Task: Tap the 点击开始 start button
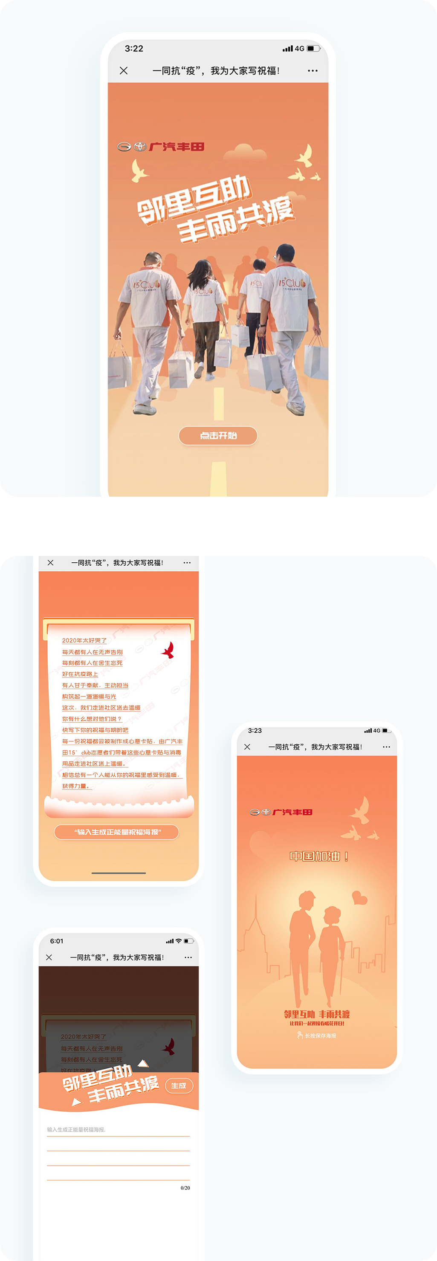coord(218,435)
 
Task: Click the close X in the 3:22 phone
coord(124,70)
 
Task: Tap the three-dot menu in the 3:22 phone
coord(312,70)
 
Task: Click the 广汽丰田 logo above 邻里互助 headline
coord(160,146)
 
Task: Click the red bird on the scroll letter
coord(168,650)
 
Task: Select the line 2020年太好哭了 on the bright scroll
coord(84,640)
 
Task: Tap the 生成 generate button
coord(179,1086)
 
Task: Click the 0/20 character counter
coord(185,1188)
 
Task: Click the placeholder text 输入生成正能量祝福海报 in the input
coord(76,1129)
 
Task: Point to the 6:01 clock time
coord(56,941)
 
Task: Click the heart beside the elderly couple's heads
coord(360,898)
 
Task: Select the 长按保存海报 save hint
coord(317,1035)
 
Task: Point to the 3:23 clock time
coord(255,730)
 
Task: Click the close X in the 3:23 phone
coord(247,746)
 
